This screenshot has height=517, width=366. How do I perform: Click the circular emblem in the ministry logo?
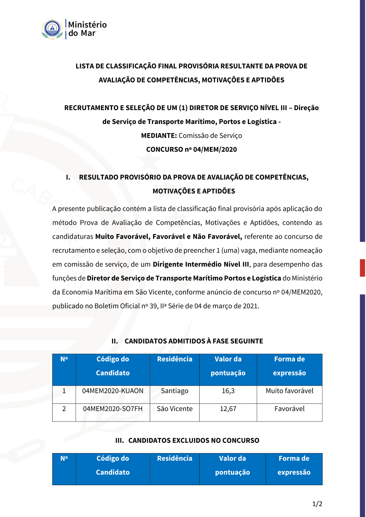[x=52, y=29]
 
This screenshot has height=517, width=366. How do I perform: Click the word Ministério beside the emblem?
[x=87, y=25]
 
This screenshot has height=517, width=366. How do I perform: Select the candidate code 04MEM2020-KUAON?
[x=113, y=391]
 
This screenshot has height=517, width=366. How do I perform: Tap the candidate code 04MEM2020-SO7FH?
[x=113, y=409]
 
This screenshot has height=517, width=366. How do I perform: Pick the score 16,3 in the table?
[x=228, y=391]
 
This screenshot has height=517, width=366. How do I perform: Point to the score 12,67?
[x=228, y=409]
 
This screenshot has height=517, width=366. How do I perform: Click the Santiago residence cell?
[x=175, y=391]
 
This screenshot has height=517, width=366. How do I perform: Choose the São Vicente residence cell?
[x=175, y=409]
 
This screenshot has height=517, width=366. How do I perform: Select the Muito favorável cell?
[x=290, y=391]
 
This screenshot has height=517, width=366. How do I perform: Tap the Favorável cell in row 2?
[x=290, y=409]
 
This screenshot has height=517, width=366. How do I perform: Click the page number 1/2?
[x=317, y=504]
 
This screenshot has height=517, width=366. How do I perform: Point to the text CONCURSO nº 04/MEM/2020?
[x=191, y=150]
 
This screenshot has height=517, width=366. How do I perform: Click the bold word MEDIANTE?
[x=159, y=136]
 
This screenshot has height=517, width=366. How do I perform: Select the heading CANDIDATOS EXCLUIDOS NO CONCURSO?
[x=194, y=441]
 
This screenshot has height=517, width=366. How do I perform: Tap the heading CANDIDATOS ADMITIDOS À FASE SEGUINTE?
[x=194, y=341]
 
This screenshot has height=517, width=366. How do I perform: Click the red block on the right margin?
[x=362, y=268]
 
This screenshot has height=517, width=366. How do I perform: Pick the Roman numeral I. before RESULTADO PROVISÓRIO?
[x=68, y=177]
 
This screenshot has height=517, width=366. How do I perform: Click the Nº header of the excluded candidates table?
[x=64, y=458]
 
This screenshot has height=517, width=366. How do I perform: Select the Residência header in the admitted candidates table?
[x=175, y=359]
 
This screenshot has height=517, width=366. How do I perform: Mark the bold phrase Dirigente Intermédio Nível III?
[x=201, y=264]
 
